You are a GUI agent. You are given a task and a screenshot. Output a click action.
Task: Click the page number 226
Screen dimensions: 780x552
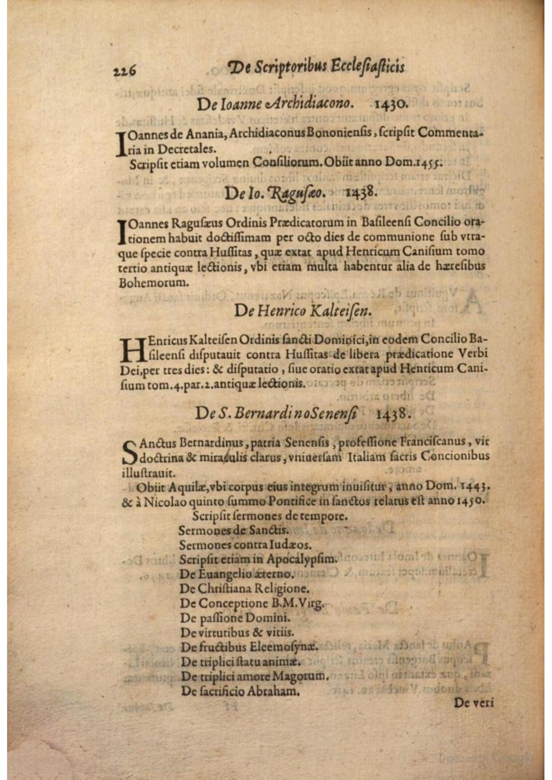(125, 70)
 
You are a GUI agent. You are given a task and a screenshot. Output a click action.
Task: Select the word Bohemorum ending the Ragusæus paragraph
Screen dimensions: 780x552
(154, 282)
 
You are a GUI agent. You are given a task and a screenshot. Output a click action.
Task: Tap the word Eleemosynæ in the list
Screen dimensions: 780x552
(291, 646)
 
